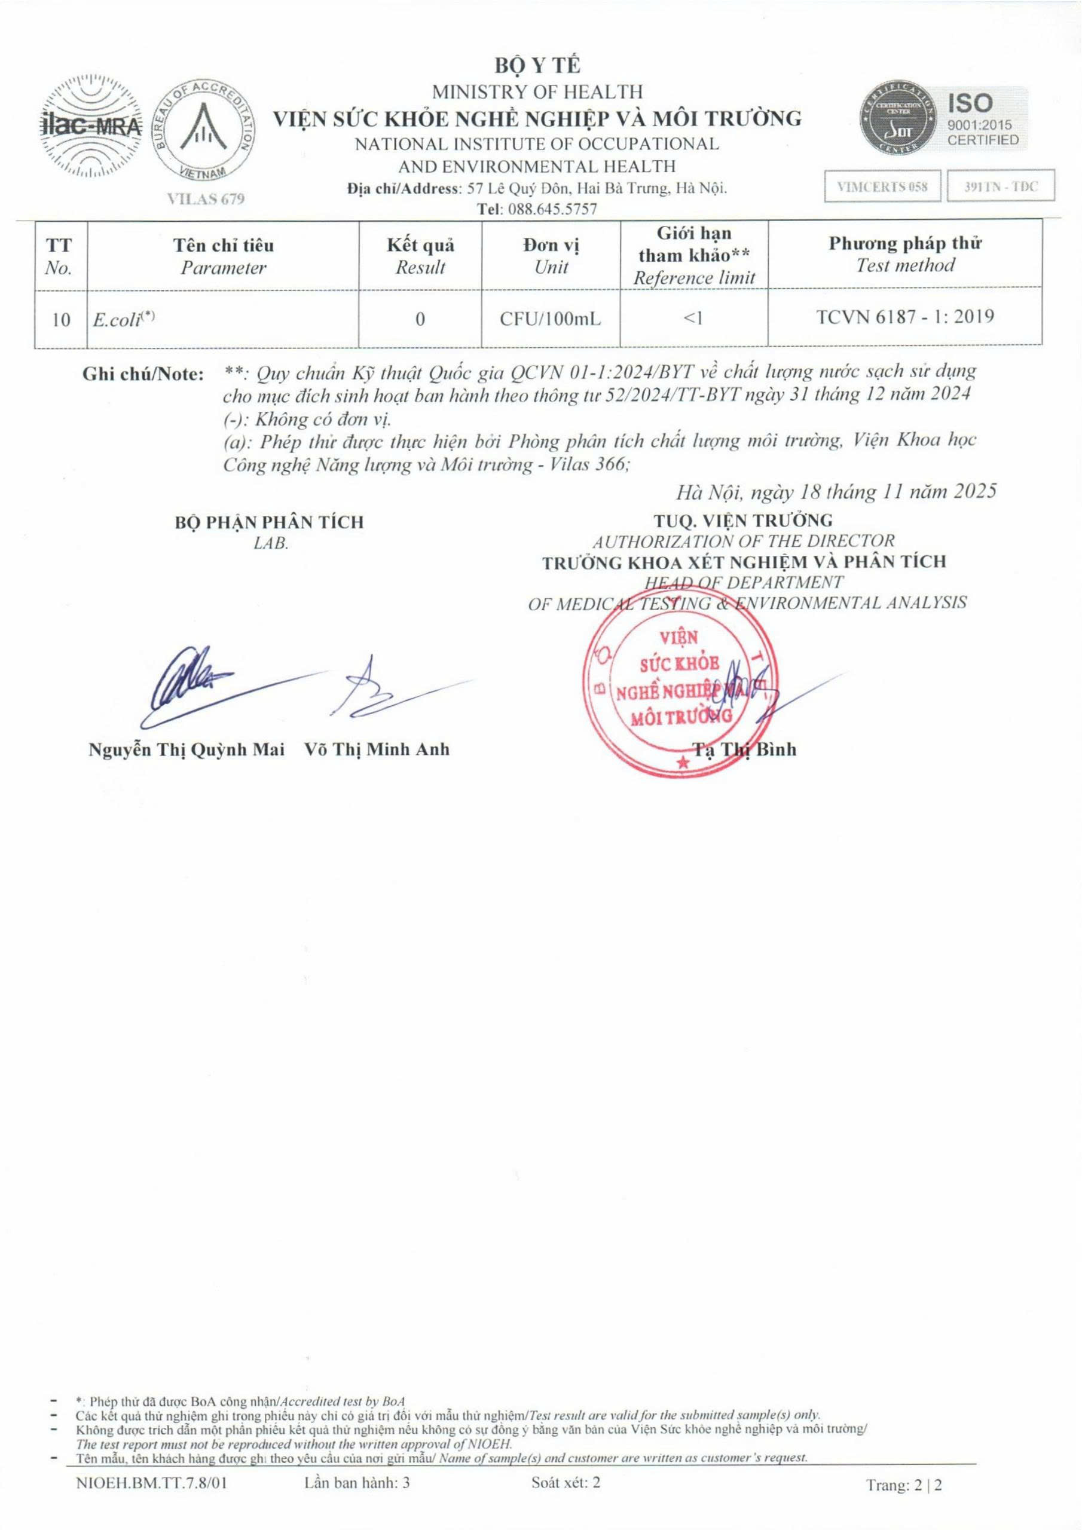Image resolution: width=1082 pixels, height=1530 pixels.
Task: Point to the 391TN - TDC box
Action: pyautogui.click(x=1001, y=186)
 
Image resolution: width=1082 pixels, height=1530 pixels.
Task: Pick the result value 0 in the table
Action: pyautogui.click(x=420, y=319)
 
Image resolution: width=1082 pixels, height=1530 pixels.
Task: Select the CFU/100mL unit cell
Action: pyautogui.click(x=551, y=319)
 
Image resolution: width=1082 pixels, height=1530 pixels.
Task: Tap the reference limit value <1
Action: pyautogui.click(x=693, y=319)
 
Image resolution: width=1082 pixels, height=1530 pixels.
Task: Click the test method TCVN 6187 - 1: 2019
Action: pyautogui.click(x=905, y=317)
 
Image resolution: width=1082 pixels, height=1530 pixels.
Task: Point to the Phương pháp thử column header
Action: pyautogui.click(x=904, y=255)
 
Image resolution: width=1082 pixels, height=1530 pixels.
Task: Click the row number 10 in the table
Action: pyautogui.click(x=60, y=320)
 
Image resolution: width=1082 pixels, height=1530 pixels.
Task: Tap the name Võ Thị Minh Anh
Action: pyautogui.click(x=377, y=749)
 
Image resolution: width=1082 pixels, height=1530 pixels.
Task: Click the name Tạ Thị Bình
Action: pyautogui.click(x=745, y=749)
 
